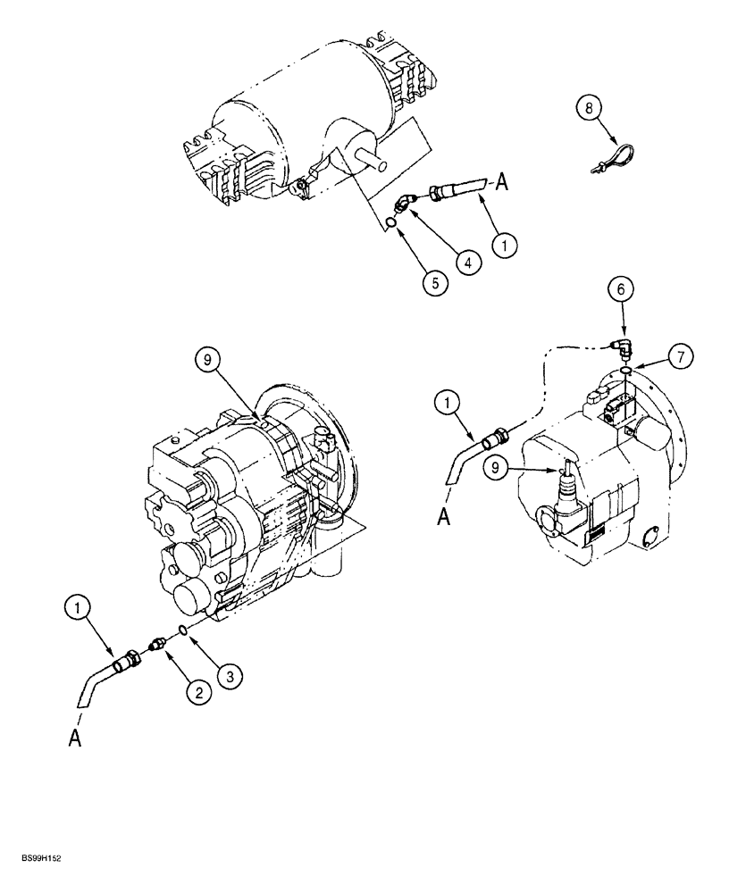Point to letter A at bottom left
click(x=74, y=740)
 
